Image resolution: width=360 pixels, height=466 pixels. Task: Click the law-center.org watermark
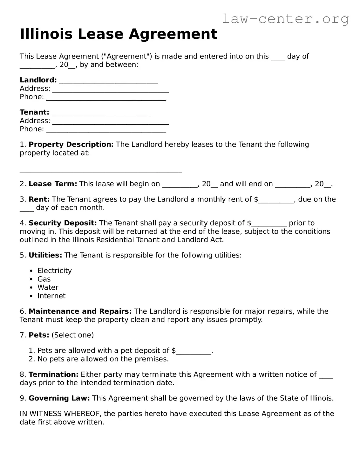pos(285,19)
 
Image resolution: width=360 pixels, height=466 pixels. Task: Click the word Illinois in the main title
pos(46,34)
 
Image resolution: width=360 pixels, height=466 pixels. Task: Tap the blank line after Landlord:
pos(108,81)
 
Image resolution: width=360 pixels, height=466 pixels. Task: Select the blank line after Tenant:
pos(101,113)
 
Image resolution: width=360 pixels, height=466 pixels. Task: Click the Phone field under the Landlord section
pos(106,98)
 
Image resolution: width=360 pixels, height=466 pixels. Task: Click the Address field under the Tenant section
pos(110,122)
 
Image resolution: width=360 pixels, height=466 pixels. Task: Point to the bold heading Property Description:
pos(71,145)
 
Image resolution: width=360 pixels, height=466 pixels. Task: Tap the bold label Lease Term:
pos(53,184)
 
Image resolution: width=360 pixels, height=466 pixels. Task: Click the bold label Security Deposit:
pos(63,223)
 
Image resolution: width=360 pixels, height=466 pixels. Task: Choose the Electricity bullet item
pos(54,271)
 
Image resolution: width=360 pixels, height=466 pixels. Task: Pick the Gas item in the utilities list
pos(44,279)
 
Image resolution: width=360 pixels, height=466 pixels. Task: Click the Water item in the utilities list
pos(48,287)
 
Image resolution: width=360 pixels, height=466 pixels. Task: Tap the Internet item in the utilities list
pos(51,296)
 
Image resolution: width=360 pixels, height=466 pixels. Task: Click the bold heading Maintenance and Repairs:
pos(80,312)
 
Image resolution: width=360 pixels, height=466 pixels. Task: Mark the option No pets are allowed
pos(103,359)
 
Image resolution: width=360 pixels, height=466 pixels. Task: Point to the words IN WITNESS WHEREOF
pos(60,414)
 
